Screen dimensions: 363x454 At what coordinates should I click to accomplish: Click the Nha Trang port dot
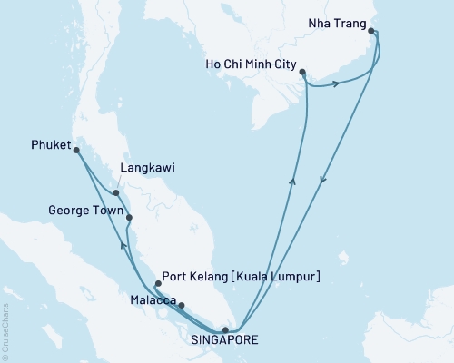[x=372, y=31]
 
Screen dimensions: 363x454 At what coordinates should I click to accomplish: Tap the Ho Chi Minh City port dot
[x=303, y=73]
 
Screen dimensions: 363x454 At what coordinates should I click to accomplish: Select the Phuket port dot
[x=76, y=151]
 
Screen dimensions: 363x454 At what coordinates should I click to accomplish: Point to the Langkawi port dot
[x=116, y=192]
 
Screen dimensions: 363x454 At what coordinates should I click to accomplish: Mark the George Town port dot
[x=129, y=217]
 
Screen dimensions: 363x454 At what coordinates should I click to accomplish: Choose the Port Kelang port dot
[x=158, y=284]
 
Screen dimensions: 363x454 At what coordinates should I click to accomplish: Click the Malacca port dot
[x=182, y=306]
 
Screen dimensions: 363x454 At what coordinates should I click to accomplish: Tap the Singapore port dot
[x=226, y=330]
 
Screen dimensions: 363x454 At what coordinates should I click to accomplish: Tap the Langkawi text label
[x=147, y=169]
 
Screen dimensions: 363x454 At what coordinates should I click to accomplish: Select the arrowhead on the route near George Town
[x=123, y=244]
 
